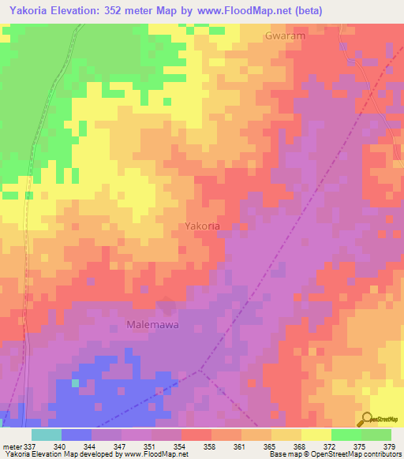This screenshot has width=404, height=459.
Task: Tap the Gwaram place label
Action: point(285,36)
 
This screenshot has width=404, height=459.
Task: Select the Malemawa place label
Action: point(153,324)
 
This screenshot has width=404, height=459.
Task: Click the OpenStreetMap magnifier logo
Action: point(368,420)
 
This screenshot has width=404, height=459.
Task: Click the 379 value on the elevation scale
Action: point(391,446)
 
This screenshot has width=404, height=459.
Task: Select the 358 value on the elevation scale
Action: point(211,446)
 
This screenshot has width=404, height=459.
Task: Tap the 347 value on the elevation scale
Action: point(122,446)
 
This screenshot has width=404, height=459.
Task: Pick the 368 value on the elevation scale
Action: point(301,446)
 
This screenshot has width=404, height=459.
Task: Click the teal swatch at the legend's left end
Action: point(46,435)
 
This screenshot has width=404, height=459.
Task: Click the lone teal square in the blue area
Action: point(76,383)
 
